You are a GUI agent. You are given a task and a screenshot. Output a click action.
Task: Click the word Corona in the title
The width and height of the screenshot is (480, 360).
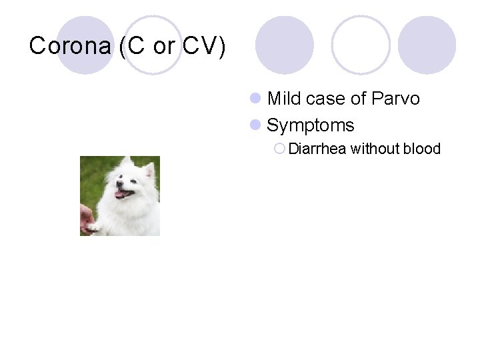tap(71, 46)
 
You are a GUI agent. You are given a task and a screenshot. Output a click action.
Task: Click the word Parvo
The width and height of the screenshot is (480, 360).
tap(396, 99)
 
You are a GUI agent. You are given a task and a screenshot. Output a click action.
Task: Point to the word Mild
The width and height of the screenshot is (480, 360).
tap(285, 99)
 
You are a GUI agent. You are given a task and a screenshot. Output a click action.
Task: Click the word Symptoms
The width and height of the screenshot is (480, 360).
tap(310, 125)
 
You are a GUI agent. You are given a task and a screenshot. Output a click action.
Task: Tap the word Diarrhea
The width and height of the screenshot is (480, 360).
tap(317, 149)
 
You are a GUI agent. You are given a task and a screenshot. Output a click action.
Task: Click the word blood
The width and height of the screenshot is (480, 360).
tap(422, 149)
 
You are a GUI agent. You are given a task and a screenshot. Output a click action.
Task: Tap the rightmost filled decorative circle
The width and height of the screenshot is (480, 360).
tap(427, 45)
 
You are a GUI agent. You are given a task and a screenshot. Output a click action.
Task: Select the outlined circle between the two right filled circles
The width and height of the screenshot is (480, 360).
tap(361, 45)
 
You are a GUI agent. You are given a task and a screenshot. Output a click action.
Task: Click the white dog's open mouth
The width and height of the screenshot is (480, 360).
tap(122, 194)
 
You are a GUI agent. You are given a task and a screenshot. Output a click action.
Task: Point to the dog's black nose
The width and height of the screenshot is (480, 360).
tap(120, 186)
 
